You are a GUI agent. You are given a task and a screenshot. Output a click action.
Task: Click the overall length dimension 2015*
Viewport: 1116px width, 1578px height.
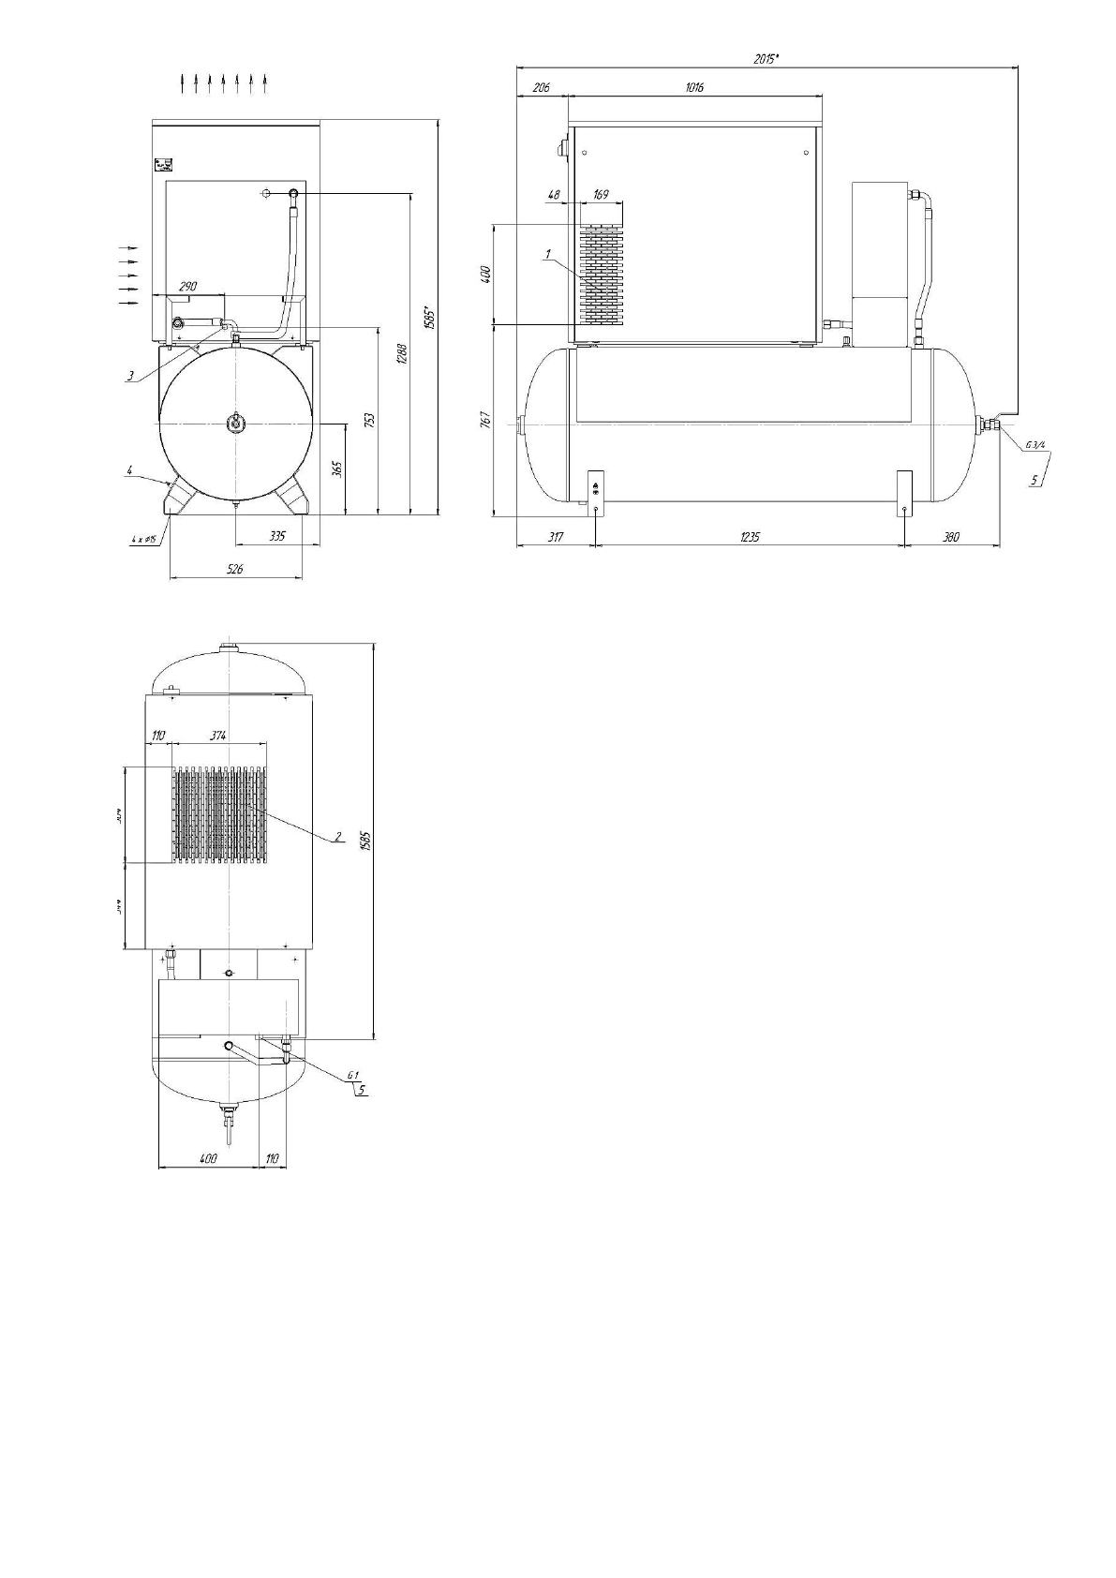coord(766,58)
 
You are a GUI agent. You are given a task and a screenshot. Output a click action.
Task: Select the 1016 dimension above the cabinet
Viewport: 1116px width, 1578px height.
coord(694,87)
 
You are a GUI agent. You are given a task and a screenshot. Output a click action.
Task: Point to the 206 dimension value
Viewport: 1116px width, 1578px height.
coord(542,87)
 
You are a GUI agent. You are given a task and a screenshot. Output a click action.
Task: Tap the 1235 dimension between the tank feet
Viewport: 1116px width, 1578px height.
coord(750,537)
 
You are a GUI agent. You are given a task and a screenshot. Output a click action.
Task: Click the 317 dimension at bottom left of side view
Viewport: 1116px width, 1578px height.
coord(556,537)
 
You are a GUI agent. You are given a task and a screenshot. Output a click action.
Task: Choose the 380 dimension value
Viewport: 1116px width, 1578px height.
coord(951,537)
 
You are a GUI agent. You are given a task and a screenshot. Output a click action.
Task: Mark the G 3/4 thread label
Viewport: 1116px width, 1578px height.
coord(1035,444)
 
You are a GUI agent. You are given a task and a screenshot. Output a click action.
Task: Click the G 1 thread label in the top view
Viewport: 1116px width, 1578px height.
coord(354,1075)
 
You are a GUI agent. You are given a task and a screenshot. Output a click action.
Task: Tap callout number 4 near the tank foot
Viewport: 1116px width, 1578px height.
coord(131,472)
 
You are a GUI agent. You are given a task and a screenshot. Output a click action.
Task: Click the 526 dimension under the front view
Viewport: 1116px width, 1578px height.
coord(235,569)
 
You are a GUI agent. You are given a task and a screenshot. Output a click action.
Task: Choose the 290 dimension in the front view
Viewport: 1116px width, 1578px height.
coord(187,286)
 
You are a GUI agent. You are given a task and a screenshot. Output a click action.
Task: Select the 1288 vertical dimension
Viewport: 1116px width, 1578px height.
coord(400,353)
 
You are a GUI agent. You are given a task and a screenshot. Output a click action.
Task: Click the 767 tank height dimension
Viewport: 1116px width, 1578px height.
coord(485,421)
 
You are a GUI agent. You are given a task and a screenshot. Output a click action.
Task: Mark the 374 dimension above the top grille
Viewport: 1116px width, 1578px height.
coord(218,737)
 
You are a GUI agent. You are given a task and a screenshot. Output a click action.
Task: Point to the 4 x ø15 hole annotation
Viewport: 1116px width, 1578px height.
coord(142,540)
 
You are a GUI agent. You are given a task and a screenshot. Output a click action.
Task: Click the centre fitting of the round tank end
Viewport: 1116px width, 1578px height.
coord(234,424)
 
